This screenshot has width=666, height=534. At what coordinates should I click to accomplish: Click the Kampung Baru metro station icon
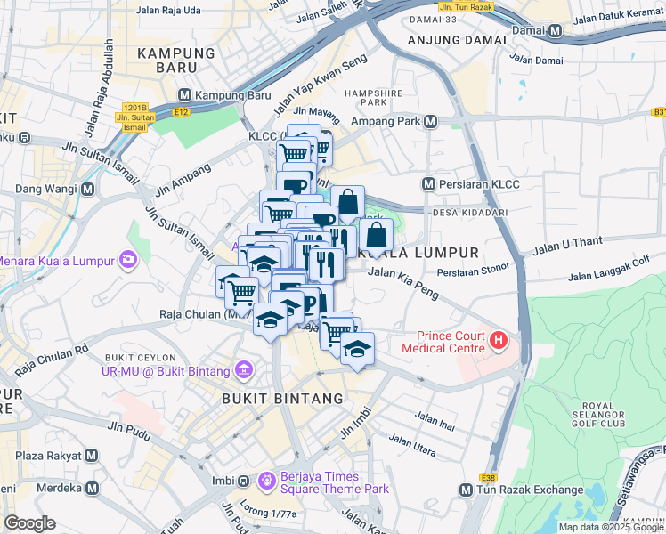coord(185,95)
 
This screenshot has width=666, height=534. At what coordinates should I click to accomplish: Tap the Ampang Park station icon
coord(431,122)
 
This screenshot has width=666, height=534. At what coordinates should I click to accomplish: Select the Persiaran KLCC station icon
coord(428,184)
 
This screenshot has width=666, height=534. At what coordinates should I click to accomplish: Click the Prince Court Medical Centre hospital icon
coord(499,339)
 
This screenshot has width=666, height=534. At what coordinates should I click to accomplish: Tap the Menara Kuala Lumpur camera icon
coord(129,260)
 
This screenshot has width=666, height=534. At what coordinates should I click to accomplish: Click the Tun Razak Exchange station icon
coord(466,490)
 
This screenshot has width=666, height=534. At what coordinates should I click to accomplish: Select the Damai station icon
coord(556,31)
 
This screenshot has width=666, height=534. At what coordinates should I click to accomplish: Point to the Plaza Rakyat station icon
coord(91,457)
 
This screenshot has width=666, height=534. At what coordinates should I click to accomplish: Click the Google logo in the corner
coord(30,523)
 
